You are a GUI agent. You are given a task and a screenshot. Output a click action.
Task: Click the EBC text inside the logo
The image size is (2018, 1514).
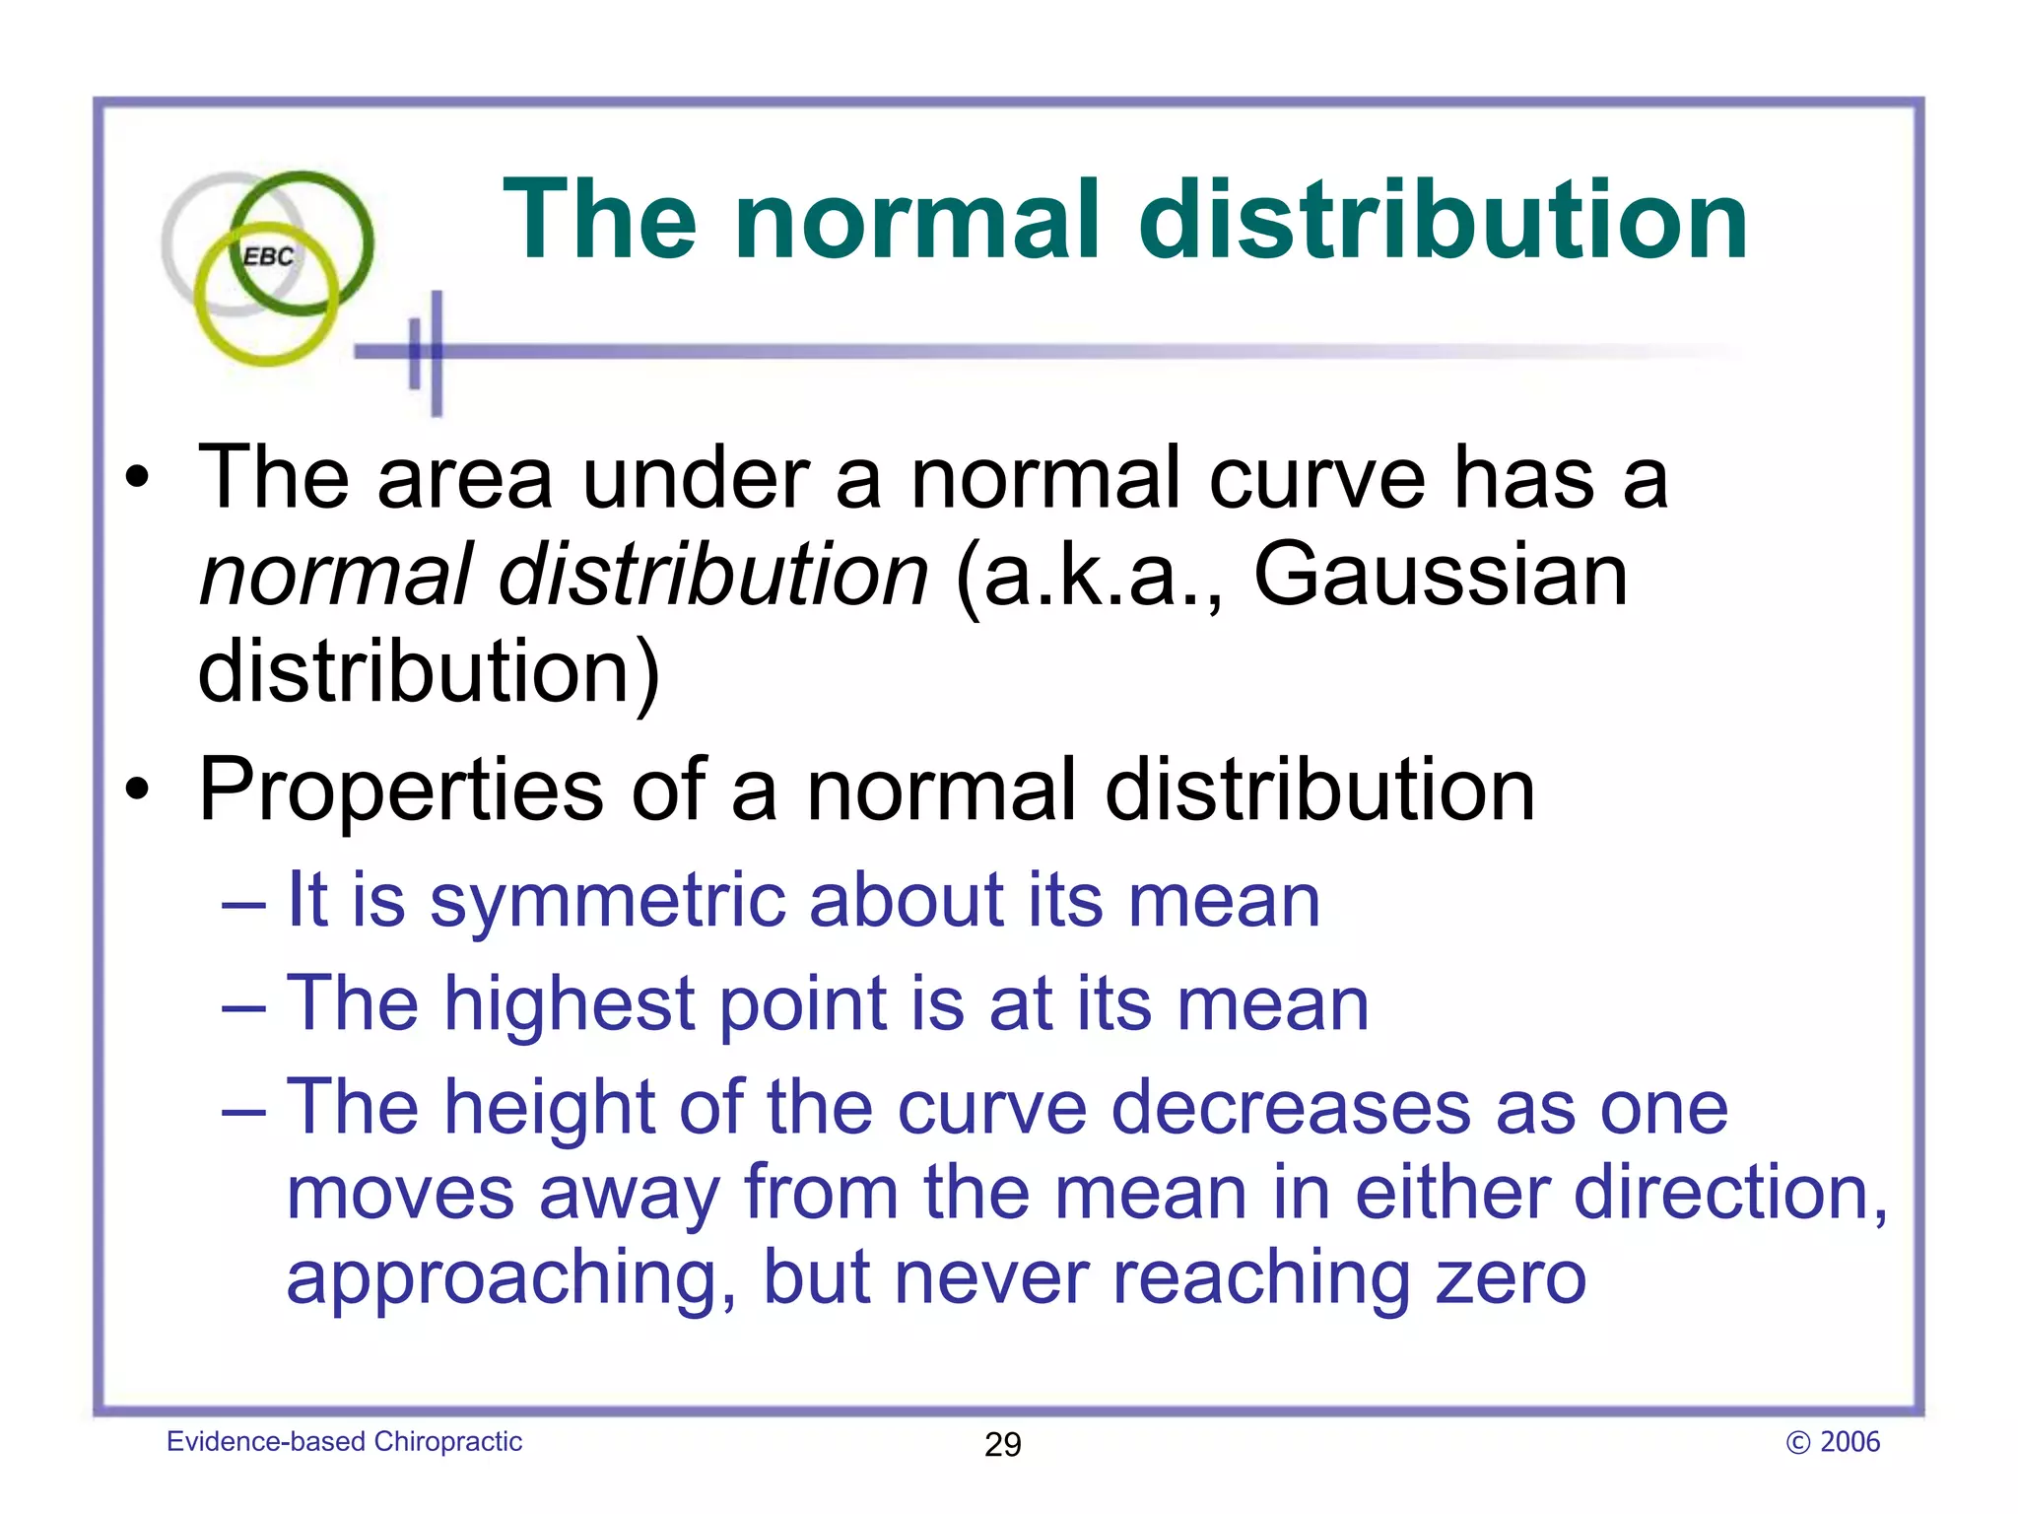coord(268,257)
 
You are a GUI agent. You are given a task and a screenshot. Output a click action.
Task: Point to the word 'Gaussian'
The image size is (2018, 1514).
coord(1440,575)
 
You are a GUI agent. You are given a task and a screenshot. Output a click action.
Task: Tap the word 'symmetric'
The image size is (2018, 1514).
coord(606,902)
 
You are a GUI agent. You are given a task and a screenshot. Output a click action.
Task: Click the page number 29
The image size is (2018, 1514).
coord(1003,1444)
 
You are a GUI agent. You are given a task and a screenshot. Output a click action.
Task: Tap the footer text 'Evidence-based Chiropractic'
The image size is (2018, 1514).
coord(344,1442)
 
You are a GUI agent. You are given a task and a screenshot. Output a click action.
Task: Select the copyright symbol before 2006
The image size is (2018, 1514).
coord(1798,1443)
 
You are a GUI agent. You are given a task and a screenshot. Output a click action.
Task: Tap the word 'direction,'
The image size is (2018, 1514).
coord(1730,1194)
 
